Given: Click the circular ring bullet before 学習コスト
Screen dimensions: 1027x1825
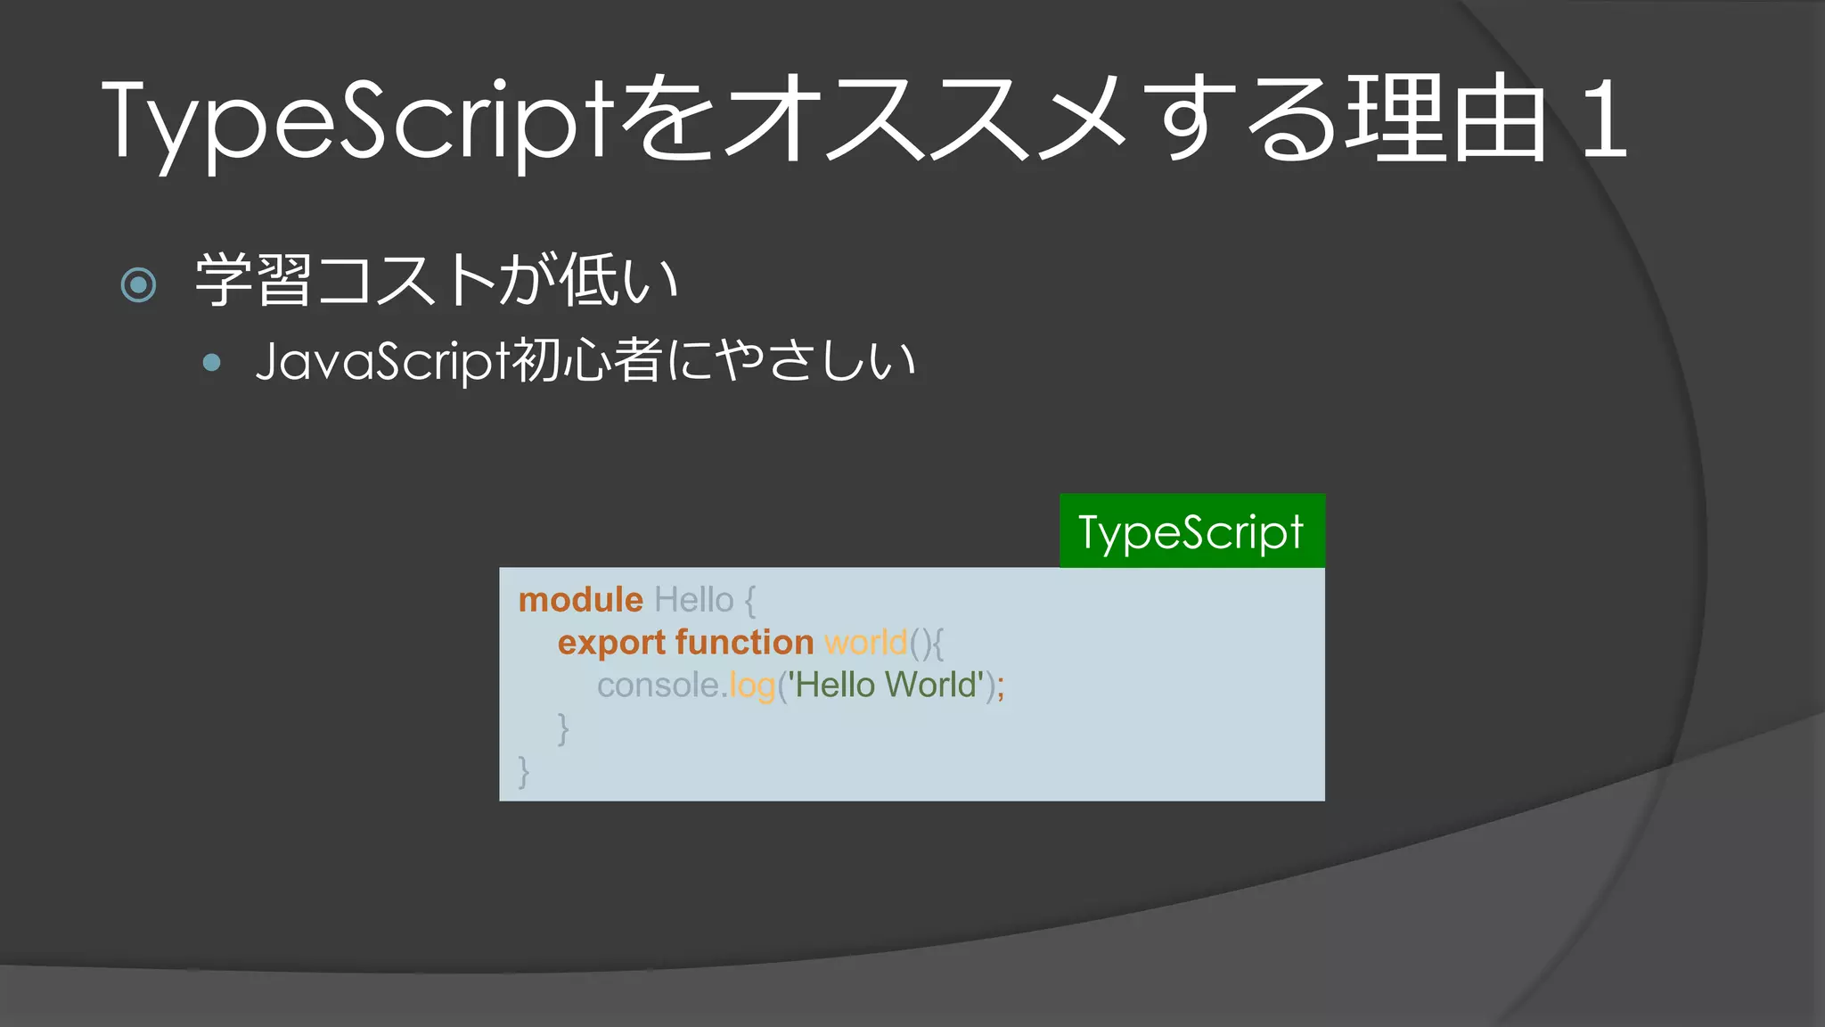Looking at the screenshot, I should click(x=138, y=285).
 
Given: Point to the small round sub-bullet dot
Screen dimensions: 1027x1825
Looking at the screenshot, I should click(x=211, y=362).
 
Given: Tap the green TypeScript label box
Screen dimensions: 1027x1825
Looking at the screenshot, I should click(x=1191, y=531).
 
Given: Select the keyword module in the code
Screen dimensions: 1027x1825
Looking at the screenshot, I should click(x=580, y=600).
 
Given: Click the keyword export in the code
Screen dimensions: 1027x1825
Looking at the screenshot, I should click(x=611, y=643).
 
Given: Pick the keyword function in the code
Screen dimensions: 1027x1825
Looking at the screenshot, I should click(x=744, y=643).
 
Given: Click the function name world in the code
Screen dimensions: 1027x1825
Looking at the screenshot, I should click(x=865, y=643).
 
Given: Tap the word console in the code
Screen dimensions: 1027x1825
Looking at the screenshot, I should click(x=658, y=686).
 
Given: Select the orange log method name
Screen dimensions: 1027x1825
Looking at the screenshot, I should click(x=752, y=686).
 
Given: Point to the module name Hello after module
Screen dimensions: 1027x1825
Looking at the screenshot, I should click(x=693, y=600).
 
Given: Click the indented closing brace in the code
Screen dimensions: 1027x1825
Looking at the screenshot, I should click(x=562, y=728).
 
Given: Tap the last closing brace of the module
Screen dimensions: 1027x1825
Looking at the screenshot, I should click(x=524, y=771).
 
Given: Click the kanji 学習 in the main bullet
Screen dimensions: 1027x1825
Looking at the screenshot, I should click(x=253, y=281).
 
